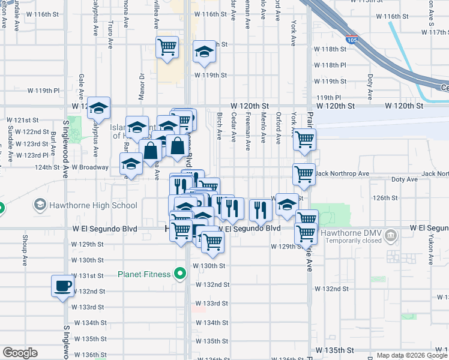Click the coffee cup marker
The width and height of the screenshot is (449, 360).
coord(62,286)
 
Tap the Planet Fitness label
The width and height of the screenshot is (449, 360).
coord(144,275)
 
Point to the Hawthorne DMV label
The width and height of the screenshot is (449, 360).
coord(352,233)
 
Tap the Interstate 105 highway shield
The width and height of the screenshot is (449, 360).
coord(353,40)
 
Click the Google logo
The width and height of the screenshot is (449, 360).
coord(20,353)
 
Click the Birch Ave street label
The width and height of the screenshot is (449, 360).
coord(219,127)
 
